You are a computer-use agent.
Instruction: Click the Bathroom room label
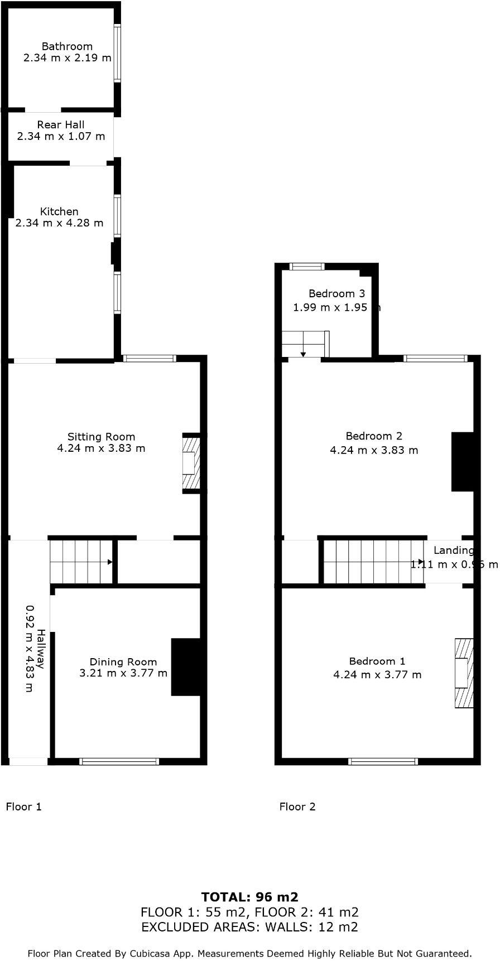67,46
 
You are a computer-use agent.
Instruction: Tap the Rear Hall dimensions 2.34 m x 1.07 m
61,136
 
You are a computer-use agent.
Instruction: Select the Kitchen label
59,211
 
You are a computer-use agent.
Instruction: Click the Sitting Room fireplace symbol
191,463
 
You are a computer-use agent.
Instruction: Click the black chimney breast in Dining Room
185,667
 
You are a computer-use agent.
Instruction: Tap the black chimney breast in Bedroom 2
462,462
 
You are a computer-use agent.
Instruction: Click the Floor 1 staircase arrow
110,562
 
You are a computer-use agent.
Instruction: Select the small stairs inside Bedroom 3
305,344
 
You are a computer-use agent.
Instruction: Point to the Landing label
454,550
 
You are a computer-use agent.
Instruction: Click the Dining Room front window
119,761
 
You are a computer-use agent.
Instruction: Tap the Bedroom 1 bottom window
383,761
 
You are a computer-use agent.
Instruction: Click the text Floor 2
297,807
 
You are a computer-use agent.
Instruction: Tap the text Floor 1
23,807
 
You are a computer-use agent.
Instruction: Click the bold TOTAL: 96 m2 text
249,897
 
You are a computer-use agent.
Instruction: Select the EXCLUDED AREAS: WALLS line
249,927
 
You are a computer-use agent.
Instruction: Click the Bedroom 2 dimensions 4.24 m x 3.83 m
374,450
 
